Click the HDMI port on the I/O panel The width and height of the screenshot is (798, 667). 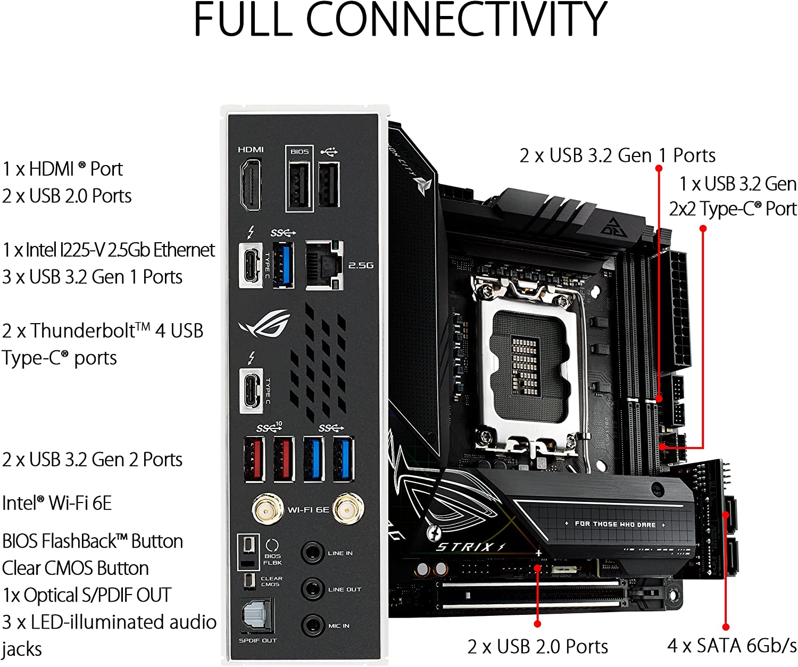[x=251, y=185]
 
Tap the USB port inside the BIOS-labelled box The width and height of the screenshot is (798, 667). [x=299, y=185]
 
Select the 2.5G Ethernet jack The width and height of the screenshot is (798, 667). [x=324, y=265]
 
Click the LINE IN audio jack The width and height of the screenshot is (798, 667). [x=312, y=552]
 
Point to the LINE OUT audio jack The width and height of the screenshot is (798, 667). [x=312, y=589]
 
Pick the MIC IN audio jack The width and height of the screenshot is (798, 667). [x=312, y=625]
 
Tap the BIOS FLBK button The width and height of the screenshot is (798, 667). [x=248, y=545]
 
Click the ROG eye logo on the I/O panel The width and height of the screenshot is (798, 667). [x=264, y=324]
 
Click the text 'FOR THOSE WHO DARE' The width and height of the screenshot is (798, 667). [x=615, y=524]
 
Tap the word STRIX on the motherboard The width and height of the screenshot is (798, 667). [x=464, y=547]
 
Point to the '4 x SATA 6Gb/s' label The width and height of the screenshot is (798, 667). [x=732, y=646]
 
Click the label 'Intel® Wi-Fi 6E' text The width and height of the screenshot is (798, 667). [x=56, y=503]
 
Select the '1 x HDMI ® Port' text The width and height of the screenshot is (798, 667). [x=62, y=169]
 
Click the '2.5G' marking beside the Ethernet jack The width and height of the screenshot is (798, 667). [x=360, y=265]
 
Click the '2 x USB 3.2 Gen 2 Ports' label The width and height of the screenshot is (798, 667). [x=92, y=459]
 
